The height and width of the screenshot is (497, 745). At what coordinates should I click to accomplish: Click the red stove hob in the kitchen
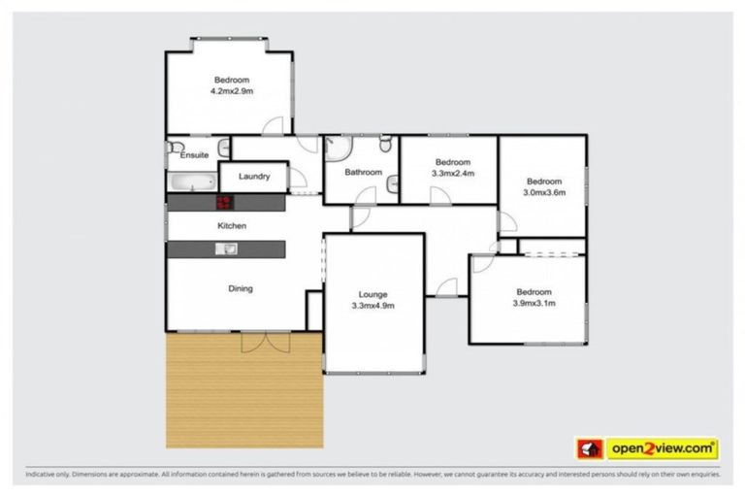pos(224,203)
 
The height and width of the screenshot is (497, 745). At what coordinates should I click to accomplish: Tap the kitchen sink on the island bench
pos(225,249)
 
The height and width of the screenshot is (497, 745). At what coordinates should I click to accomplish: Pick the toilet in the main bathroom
pos(385,146)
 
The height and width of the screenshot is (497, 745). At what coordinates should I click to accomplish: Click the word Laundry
pos(253,177)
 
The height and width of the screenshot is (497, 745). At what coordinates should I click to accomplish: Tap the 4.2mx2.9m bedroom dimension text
pos(231,91)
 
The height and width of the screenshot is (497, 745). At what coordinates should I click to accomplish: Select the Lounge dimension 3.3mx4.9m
pos(372,305)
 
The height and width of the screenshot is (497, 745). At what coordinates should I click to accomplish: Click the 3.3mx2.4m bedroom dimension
pos(452,174)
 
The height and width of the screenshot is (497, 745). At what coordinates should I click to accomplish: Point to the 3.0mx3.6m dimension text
pos(543,192)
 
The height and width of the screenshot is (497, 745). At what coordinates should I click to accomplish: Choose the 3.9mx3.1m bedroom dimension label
pos(534,304)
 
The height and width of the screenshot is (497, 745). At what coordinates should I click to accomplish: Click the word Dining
pos(240,288)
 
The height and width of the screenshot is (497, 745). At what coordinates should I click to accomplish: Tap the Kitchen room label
pos(232,226)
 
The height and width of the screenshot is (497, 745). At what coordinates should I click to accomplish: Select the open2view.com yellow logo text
pos(663,448)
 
